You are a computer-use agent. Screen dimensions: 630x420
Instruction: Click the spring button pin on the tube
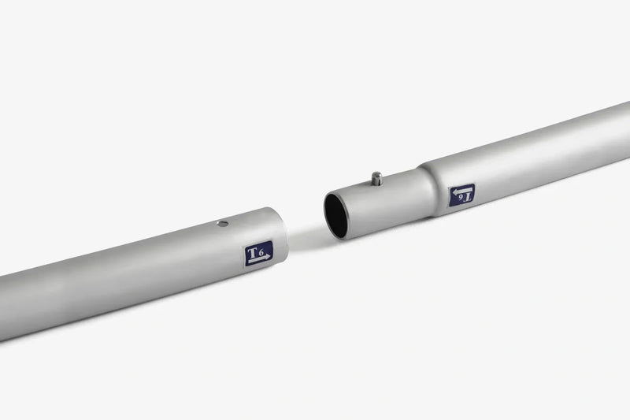(376, 179)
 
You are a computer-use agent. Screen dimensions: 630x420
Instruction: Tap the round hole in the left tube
(222, 224)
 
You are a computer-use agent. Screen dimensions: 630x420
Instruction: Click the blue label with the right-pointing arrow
(259, 253)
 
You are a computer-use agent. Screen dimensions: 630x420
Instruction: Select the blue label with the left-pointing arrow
(461, 195)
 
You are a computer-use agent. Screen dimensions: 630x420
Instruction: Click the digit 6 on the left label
(261, 253)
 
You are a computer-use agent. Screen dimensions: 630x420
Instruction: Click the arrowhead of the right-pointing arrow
(267, 257)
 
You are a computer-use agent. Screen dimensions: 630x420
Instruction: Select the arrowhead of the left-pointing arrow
(455, 191)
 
